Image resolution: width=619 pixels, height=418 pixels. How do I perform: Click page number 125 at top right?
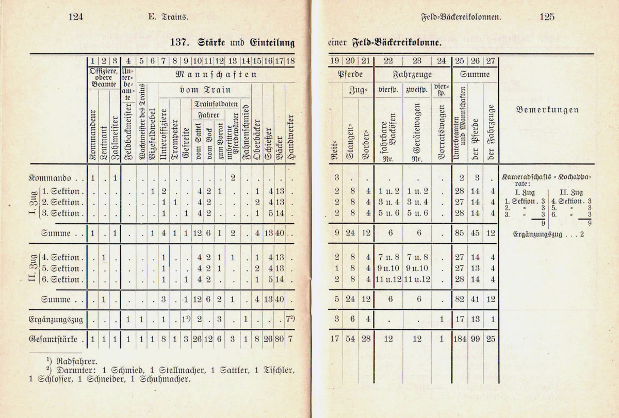pyautogui.click(x=547, y=17)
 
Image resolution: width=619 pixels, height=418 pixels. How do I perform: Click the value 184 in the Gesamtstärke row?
pyautogui.click(x=460, y=340)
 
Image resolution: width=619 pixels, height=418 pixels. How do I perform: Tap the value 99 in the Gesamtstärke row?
pyautogui.click(x=475, y=340)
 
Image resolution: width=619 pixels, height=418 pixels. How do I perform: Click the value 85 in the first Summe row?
pyautogui.click(x=460, y=233)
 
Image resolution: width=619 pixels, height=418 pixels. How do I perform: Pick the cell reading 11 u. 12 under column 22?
pyautogui.click(x=386, y=279)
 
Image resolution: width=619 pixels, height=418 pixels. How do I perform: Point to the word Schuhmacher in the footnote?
pyautogui.click(x=164, y=380)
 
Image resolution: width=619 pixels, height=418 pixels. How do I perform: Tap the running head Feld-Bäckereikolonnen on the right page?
pyautogui.click(x=461, y=17)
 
